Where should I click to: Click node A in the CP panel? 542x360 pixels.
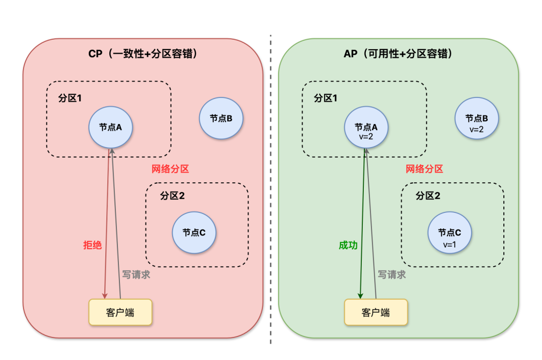pyautogui.click(x=111, y=127)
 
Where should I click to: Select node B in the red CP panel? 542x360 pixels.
pyautogui.click(x=221, y=118)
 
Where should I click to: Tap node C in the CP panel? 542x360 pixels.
pyautogui.click(x=194, y=232)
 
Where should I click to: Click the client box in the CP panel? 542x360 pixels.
pyautogui.click(x=120, y=312)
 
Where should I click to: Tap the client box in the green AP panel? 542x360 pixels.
pyautogui.click(x=375, y=312)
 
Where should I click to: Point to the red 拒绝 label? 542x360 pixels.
pyautogui.click(x=92, y=245)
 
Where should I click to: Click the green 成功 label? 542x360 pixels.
pyautogui.click(x=348, y=245)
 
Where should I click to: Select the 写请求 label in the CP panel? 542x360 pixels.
pyautogui.click(x=136, y=275)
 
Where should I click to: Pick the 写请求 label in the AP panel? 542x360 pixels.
pyautogui.click(x=391, y=275)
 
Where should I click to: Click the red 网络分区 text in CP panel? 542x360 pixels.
pyautogui.click(x=170, y=169)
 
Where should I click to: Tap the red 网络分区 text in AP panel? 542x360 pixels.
pyautogui.click(x=425, y=169)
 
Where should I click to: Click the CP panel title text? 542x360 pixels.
pyautogui.click(x=143, y=54)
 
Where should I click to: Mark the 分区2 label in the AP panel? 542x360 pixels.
pyautogui.click(x=428, y=196)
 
